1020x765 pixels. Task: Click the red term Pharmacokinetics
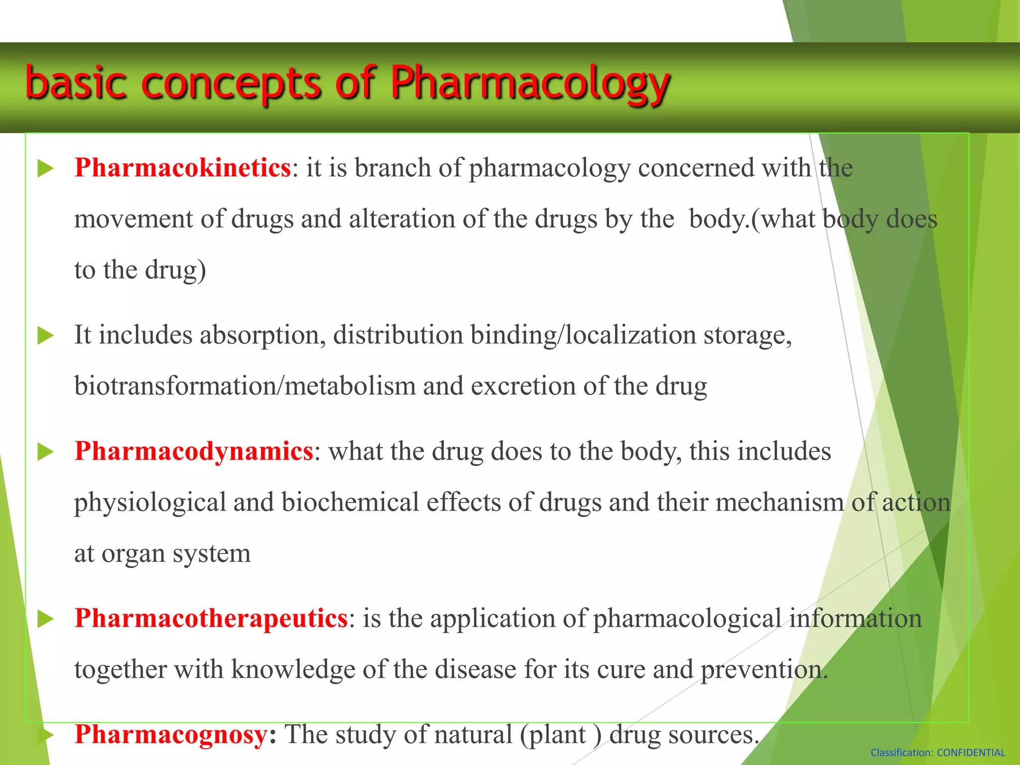(x=182, y=168)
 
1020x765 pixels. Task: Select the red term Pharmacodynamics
(x=194, y=451)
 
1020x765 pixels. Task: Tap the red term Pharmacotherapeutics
(x=211, y=619)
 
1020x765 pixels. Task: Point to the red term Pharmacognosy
(x=171, y=735)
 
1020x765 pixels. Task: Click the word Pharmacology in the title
(x=530, y=83)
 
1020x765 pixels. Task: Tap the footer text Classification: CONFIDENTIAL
(x=937, y=753)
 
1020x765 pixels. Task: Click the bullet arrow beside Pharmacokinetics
(x=45, y=168)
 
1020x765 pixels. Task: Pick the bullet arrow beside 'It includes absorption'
(x=45, y=336)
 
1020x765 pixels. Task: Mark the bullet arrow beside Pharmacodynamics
(x=45, y=452)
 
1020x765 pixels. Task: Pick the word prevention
(x=764, y=669)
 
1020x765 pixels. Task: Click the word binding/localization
(x=583, y=335)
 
